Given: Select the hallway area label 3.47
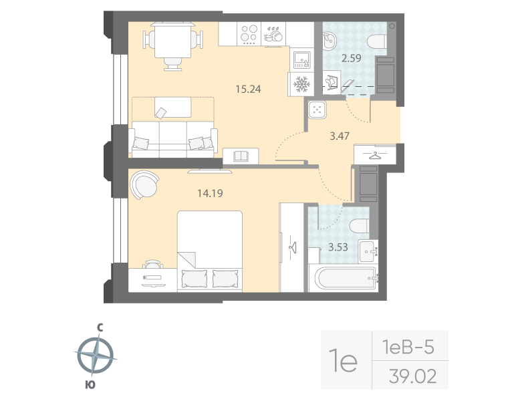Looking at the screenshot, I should (x=341, y=136).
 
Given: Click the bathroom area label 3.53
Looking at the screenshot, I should (x=338, y=246).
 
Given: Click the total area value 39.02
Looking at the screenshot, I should (x=412, y=376).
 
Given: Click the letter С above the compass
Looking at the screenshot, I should (x=99, y=327).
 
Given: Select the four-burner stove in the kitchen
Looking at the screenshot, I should (x=249, y=33).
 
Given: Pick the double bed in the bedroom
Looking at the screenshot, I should (x=210, y=251).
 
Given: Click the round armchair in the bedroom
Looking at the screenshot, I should (x=144, y=184).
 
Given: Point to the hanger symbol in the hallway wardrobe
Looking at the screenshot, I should (x=376, y=154).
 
